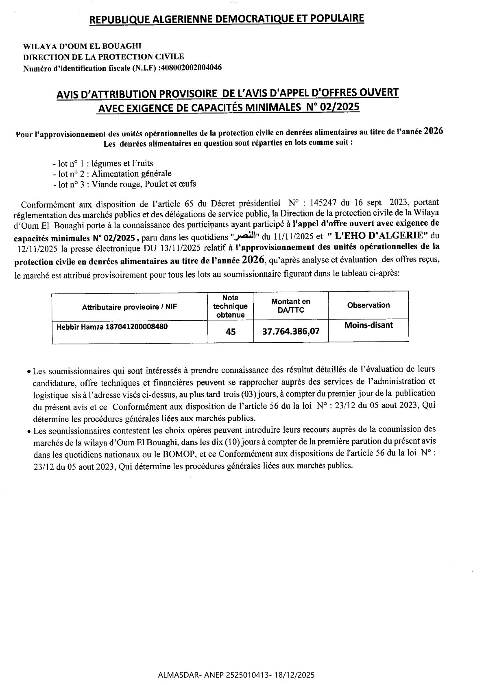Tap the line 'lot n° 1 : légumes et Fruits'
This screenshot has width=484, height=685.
[x=103, y=164]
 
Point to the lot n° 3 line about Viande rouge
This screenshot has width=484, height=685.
[x=124, y=184]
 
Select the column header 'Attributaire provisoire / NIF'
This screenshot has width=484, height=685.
[x=129, y=307]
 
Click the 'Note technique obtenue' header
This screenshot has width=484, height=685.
[x=230, y=306]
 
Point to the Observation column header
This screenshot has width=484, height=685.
[x=368, y=305]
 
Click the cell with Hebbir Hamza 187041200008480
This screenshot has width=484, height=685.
[x=110, y=327]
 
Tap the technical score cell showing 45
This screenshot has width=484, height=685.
[x=230, y=332]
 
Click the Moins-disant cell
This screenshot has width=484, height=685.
[x=368, y=325]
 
